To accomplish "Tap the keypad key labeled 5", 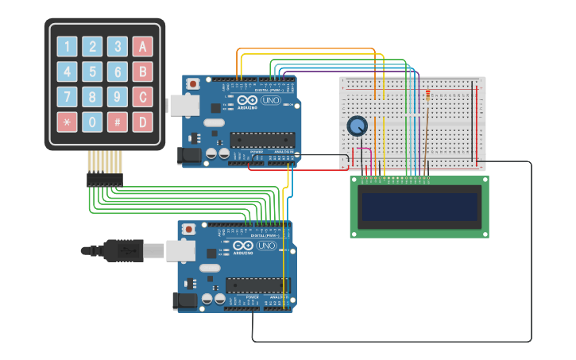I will point(93,72).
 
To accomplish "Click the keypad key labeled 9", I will point(118,98).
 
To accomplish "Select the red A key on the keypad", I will point(142,47).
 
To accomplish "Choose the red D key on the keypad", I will point(142,122).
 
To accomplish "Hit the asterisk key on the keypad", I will point(68,122).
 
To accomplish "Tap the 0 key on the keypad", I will point(93,122).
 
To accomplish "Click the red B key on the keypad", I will point(142,72).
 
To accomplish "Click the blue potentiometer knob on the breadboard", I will point(358,126).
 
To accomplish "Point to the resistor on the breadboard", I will point(428,97).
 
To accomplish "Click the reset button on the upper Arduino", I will point(192,83).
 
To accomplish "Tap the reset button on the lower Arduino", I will point(188,229).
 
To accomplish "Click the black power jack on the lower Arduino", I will point(184,300).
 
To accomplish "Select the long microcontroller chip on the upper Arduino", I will point(261,140).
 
